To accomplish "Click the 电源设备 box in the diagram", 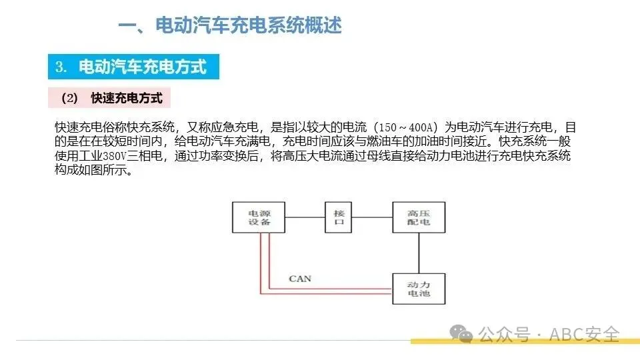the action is pos(259,217).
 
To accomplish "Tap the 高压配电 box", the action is pos(418,217).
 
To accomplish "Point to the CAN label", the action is pos(299,278).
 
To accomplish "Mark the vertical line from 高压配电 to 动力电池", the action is pos(418,253).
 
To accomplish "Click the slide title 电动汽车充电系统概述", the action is pos(230,25).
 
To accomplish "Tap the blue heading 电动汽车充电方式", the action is pos(142,67).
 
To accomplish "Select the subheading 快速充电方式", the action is pos(127,98).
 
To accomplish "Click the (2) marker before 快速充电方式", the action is pos(69,98).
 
